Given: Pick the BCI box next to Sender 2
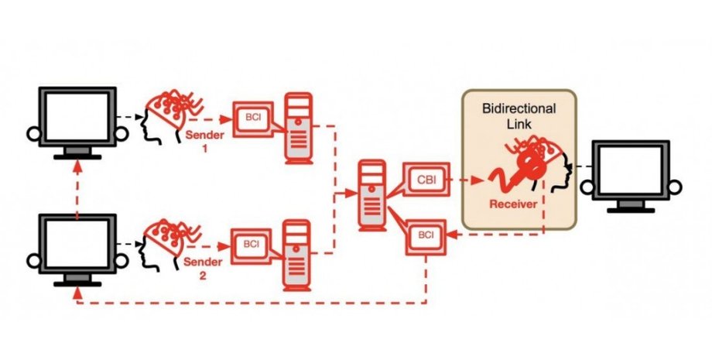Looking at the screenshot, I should tap(252, 245).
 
